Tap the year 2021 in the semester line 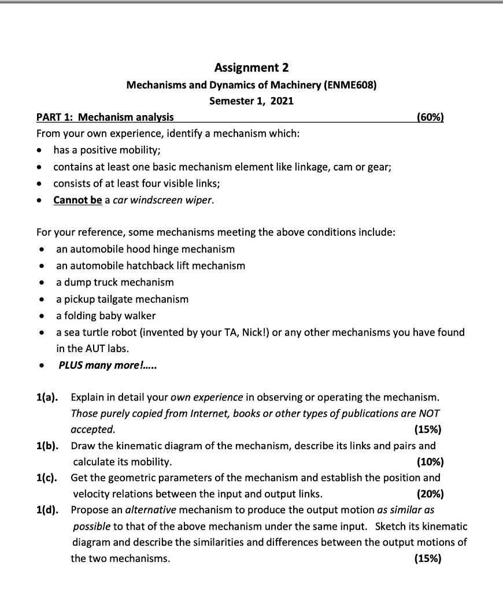[x=282, y=101]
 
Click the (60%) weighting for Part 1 [x=430, y=117]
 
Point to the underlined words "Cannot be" [x=77, y=201]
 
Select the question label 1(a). [x=47, y=398]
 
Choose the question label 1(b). [x=47, y=446]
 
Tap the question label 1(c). [x=47, y=478]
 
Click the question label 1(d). [x=47, y=510]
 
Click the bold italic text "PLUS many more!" [x=108, y=365]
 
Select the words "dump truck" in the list [x=88, y=283]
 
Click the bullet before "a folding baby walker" [x=41, y=316]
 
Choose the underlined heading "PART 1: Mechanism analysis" [x=105, y=117]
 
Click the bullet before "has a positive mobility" [x=39, y=151]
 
